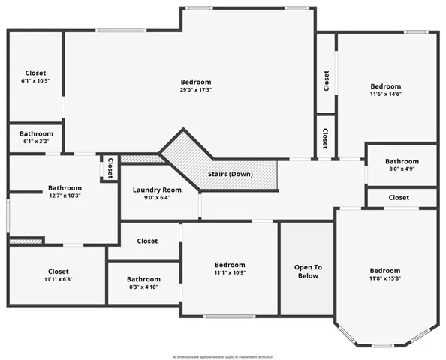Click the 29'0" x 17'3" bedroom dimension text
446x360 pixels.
[x=196, y=90]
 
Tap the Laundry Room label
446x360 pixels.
[x=157, y=190]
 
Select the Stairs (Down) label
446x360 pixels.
[x=231, y=174]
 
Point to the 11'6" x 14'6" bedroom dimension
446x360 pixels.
[x=385, y=94]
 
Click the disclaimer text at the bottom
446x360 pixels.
[x=223, y=356]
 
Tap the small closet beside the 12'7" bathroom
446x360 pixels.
[x=110, y=168]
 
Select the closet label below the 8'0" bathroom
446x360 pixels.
[x=399, y=198]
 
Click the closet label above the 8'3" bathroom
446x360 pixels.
[x=147, y=241]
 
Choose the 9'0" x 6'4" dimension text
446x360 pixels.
[x=157, y=198]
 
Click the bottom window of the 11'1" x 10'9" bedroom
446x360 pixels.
[x=230, y=316]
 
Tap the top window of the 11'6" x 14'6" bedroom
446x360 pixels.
[x=416, y=32]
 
